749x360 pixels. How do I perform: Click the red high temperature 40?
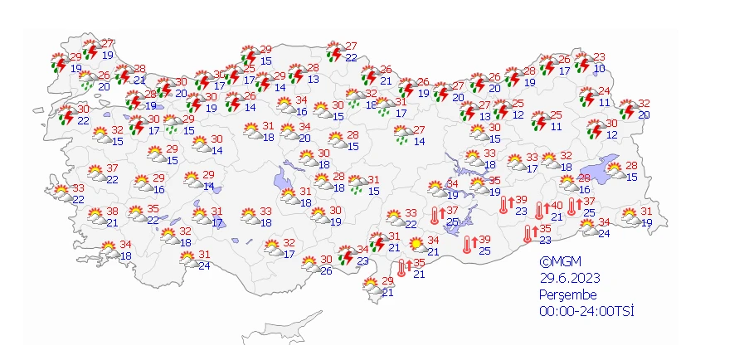[x=557, y=206]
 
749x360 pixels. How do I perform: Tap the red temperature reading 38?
[x=112, y=211]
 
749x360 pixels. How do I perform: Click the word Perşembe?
[x=567, y=294]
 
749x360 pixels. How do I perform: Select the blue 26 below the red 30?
[x=326, y=270]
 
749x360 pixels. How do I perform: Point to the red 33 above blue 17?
[x=532, y=158]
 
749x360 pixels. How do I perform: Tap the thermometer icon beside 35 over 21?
[x=401, y=268]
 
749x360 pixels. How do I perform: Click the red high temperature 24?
[x=605, y=91]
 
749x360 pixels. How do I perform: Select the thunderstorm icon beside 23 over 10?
[x=581, y=62]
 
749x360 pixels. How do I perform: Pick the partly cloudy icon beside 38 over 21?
[x=94, y=216]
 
